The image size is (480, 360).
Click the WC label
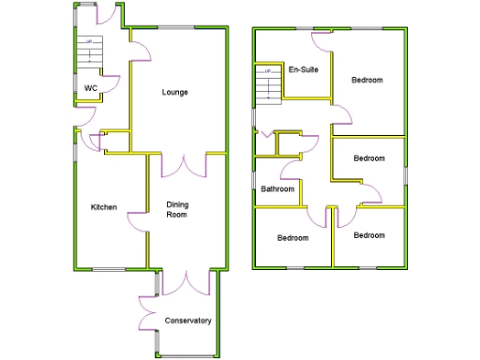[x=91, y=89]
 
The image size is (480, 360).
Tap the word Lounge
[x=174, y=92]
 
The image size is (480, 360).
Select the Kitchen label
[x=103, y=207]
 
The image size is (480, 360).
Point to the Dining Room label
[x=177, y=210]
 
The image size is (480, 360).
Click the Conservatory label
[x=187, y=322]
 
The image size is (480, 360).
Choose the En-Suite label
[x=303, y=70]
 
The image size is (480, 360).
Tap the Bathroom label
[x=277, y=189]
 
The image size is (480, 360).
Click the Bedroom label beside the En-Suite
[x=367, y=81]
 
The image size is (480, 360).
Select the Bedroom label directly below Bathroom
[x=292, y=238]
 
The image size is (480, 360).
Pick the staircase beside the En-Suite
[x=268, y=83]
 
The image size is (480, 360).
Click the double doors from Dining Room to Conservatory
[x=188, y=281]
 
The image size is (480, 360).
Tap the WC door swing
[x=108, y=83]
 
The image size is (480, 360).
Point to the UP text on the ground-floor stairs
[x=90, y=42]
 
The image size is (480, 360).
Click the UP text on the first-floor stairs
[x=267, y=71]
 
